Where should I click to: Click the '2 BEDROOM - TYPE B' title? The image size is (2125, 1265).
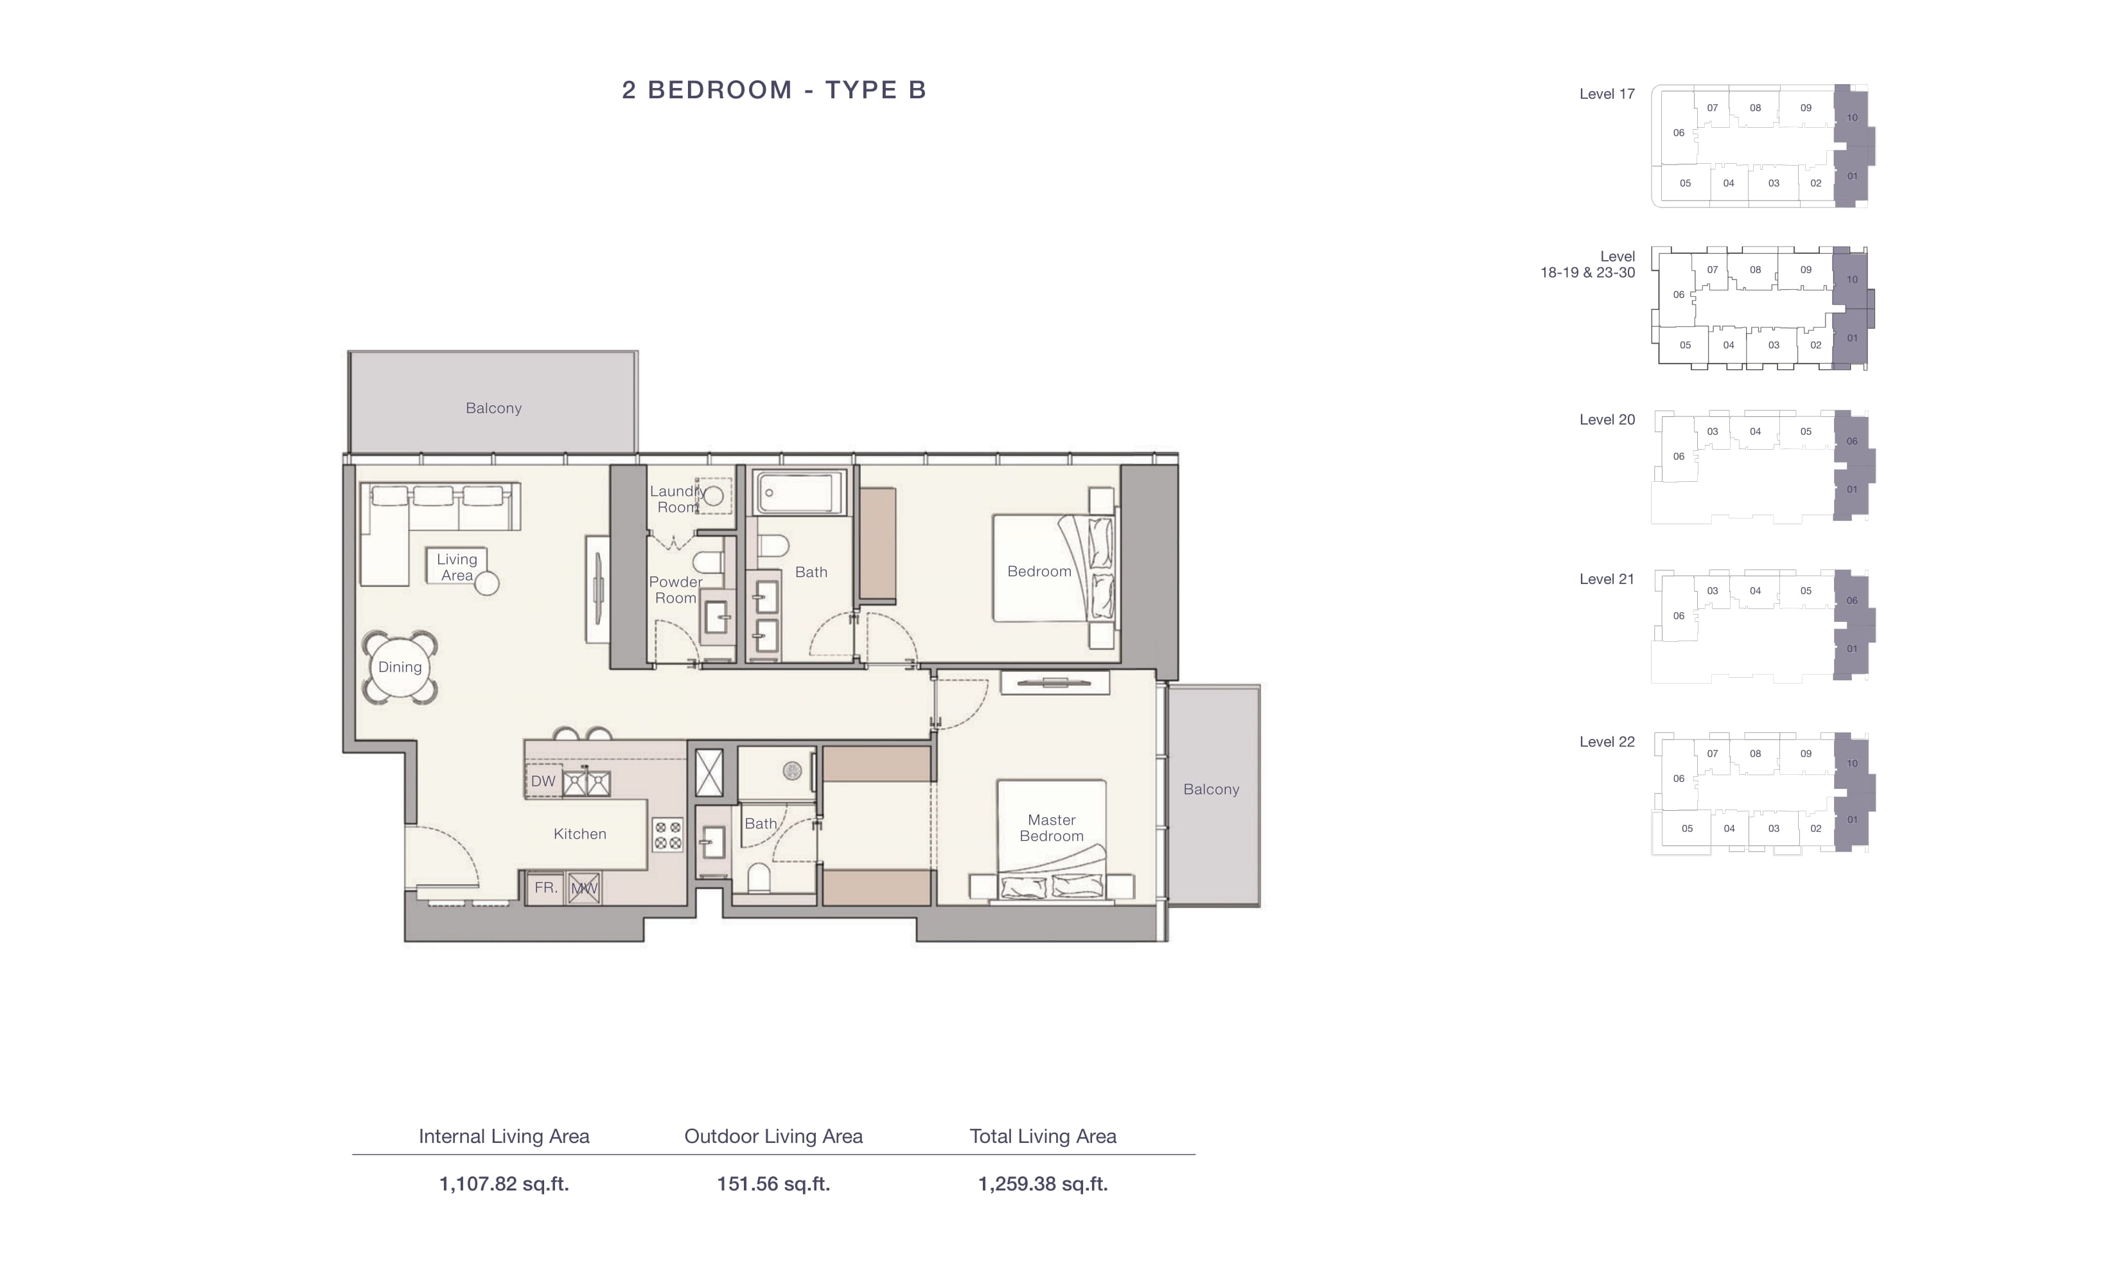pos(773,89)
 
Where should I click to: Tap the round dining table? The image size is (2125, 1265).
pos(400,668)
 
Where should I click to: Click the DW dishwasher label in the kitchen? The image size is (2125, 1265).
pos(543,781)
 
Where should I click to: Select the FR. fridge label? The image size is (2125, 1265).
pos(545,887)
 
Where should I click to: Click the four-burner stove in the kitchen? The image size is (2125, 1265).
pos(667,835)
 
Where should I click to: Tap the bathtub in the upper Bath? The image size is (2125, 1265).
pos(798,493)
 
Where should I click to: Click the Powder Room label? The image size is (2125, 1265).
pos(676,590)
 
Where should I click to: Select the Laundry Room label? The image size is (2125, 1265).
pos(676,499)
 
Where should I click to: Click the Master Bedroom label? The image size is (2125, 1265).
pos(1052,827)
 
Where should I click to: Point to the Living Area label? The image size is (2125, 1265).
pos(457,567)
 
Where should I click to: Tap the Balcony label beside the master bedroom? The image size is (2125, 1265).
pos(1211,790)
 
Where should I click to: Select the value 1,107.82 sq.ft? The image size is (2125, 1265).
pos(504,1183)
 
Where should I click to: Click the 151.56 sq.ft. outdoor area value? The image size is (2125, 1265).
pos(773,1183)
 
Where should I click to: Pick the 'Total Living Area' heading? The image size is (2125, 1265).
pos(1043,1137)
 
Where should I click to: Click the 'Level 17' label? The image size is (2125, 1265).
pos(1607,94)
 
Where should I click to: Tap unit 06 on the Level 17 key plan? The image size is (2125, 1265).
pos(1679,132)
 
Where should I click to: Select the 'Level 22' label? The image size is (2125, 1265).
pos(1607,741)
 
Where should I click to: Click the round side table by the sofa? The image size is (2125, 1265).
pos(486,583)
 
